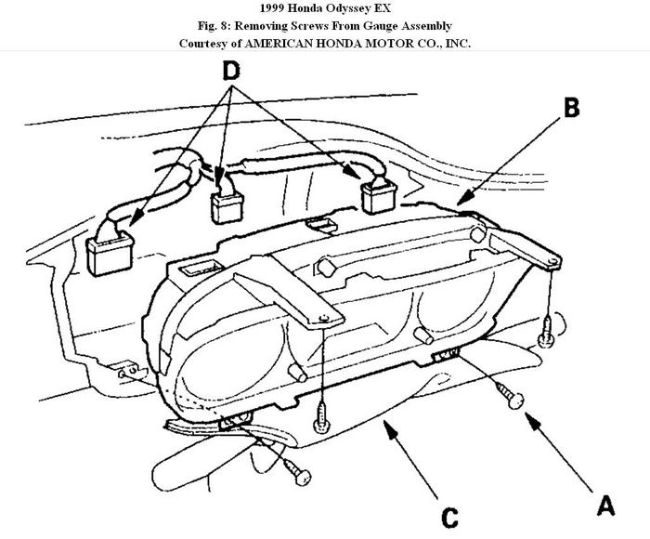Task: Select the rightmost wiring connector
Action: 379,197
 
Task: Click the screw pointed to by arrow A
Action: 512,397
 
